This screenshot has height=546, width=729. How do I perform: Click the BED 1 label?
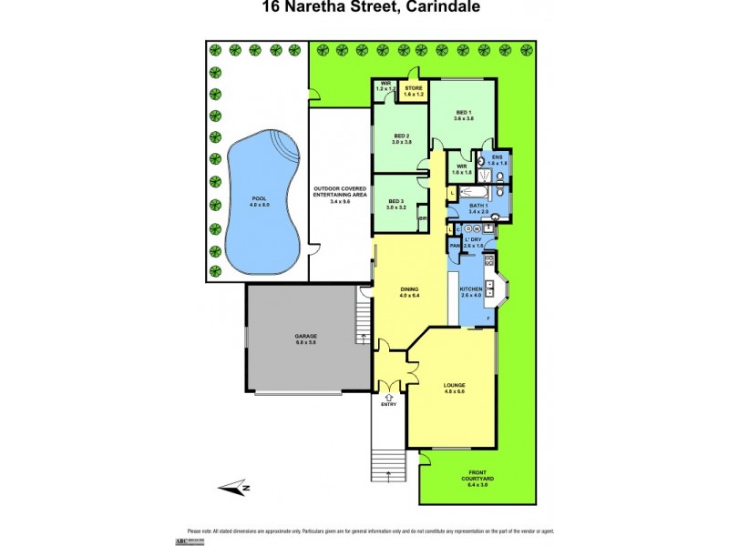pyautogui.click(x=465, y=114)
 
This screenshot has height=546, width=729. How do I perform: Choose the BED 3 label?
pyautogui.click(x=395, y=204)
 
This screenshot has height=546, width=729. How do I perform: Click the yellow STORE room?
pyautogui.click(x=415, y=91)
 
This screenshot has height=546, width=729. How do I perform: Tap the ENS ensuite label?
pyautogui.click(x=497, y=160)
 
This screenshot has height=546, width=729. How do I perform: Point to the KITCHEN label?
pyautogui.click(x=471, y=292)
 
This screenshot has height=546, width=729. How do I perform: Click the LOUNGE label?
pyautogui.click(x=454, y=388)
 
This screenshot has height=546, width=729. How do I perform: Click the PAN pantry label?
pyautogui.click(x=454, y=246)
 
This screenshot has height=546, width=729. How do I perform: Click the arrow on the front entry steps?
pyautogui.click(x=390, y=474)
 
